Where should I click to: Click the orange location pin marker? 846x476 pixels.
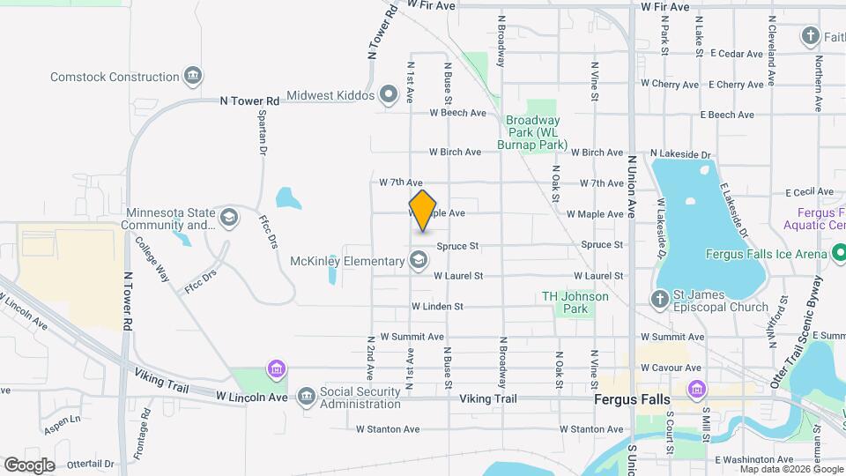point(423,211)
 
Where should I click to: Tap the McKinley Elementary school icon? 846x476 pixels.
point(419,260)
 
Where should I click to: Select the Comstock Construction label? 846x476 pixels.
point(115,77)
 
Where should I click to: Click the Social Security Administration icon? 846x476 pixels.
point(307,396)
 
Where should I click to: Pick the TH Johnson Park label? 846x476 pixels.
point(575,302)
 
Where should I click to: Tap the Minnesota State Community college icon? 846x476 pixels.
point(229,218)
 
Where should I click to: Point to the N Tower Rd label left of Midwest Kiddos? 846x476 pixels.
point(249,101)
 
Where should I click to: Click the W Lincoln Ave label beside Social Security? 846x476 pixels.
point(252,397)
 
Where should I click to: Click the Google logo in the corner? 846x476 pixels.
point(29,465)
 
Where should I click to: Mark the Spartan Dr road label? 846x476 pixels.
point(262,133)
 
